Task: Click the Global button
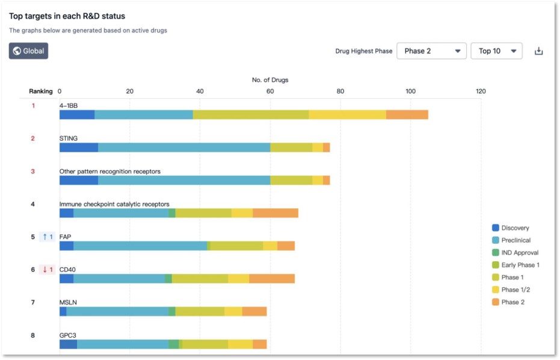(28, 51)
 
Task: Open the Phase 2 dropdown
(431, 51)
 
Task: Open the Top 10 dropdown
(496, 51)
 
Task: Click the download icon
(539, 51)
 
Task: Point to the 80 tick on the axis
(340, 92)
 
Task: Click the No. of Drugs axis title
(270, 80)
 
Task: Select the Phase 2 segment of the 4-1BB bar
(407, 115)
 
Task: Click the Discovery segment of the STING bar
(78, 147)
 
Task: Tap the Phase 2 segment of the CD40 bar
(272, 279)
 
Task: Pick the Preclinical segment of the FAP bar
(140, 246)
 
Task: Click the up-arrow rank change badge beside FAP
(48, 237)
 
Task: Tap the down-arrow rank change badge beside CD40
(48, 270)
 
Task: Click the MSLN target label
(68, 302)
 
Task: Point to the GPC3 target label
(68, 335)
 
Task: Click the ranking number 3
(33, 172)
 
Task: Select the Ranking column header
(41, 92)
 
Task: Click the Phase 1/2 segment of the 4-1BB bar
(347, 115)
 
